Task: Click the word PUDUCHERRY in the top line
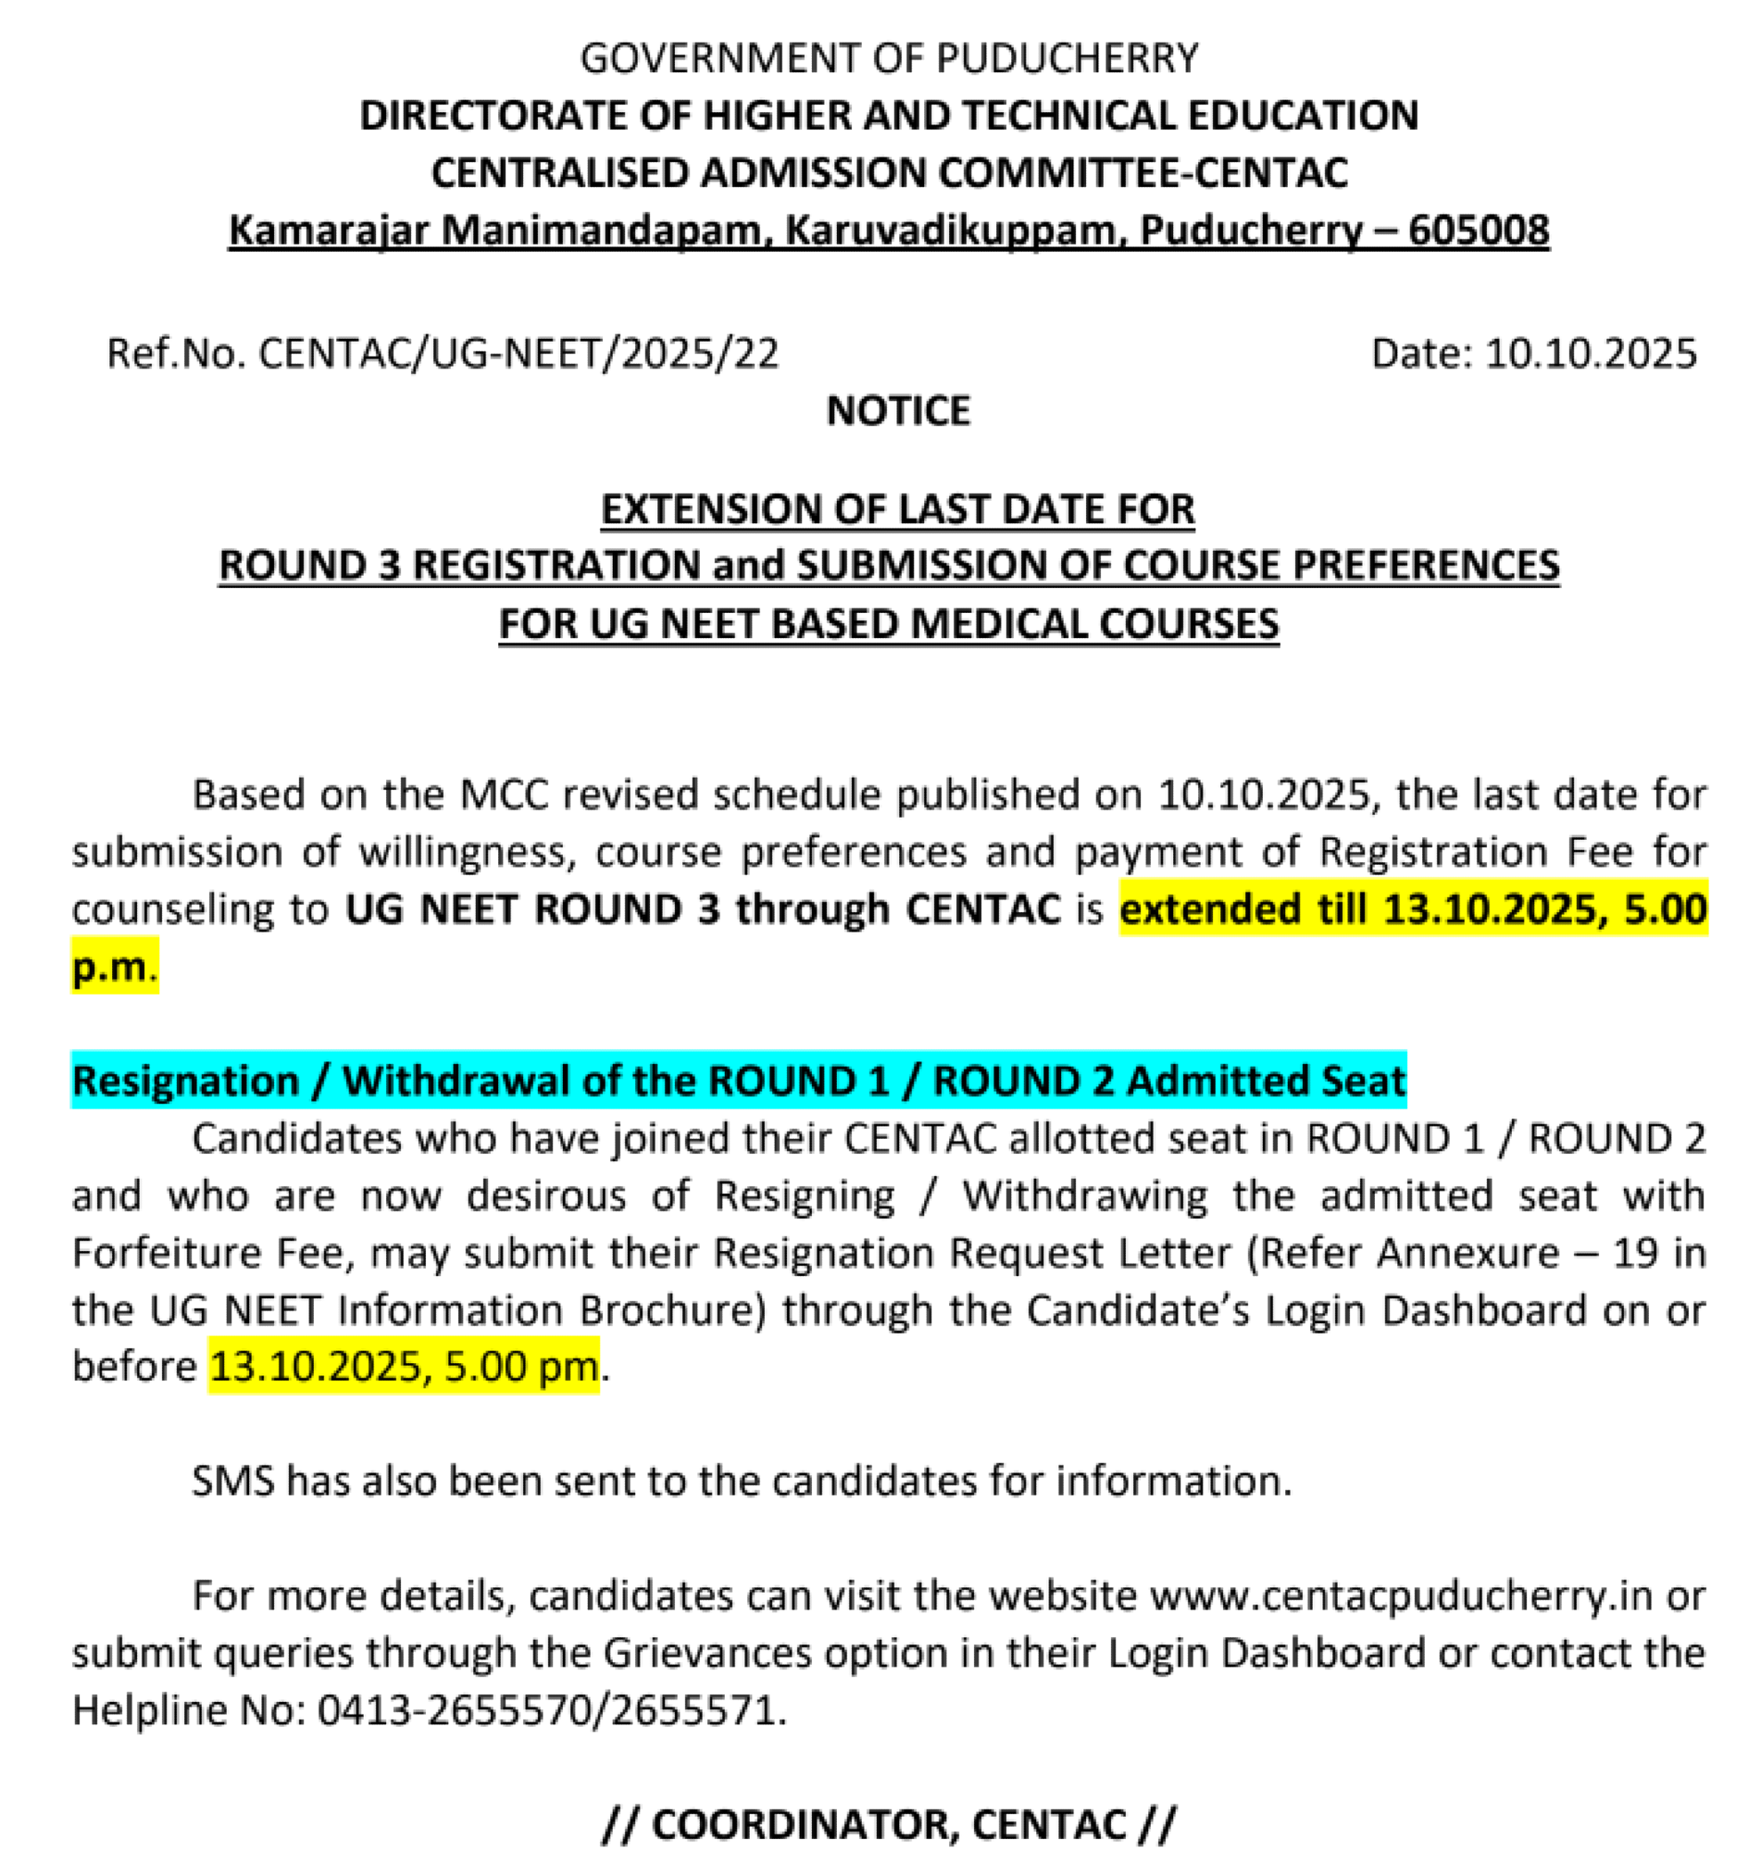(x=1068, y=58)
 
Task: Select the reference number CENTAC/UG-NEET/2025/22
(x=519, y=354)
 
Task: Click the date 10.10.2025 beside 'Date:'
(x=1591, y=354)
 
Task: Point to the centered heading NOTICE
(x=898, y=411)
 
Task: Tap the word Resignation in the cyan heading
(x=186, y=1081)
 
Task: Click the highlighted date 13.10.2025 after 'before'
(x=316, y=1368)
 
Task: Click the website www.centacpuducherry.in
(x=1401, y=1596)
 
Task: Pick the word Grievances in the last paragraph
(x=707, y=1654)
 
